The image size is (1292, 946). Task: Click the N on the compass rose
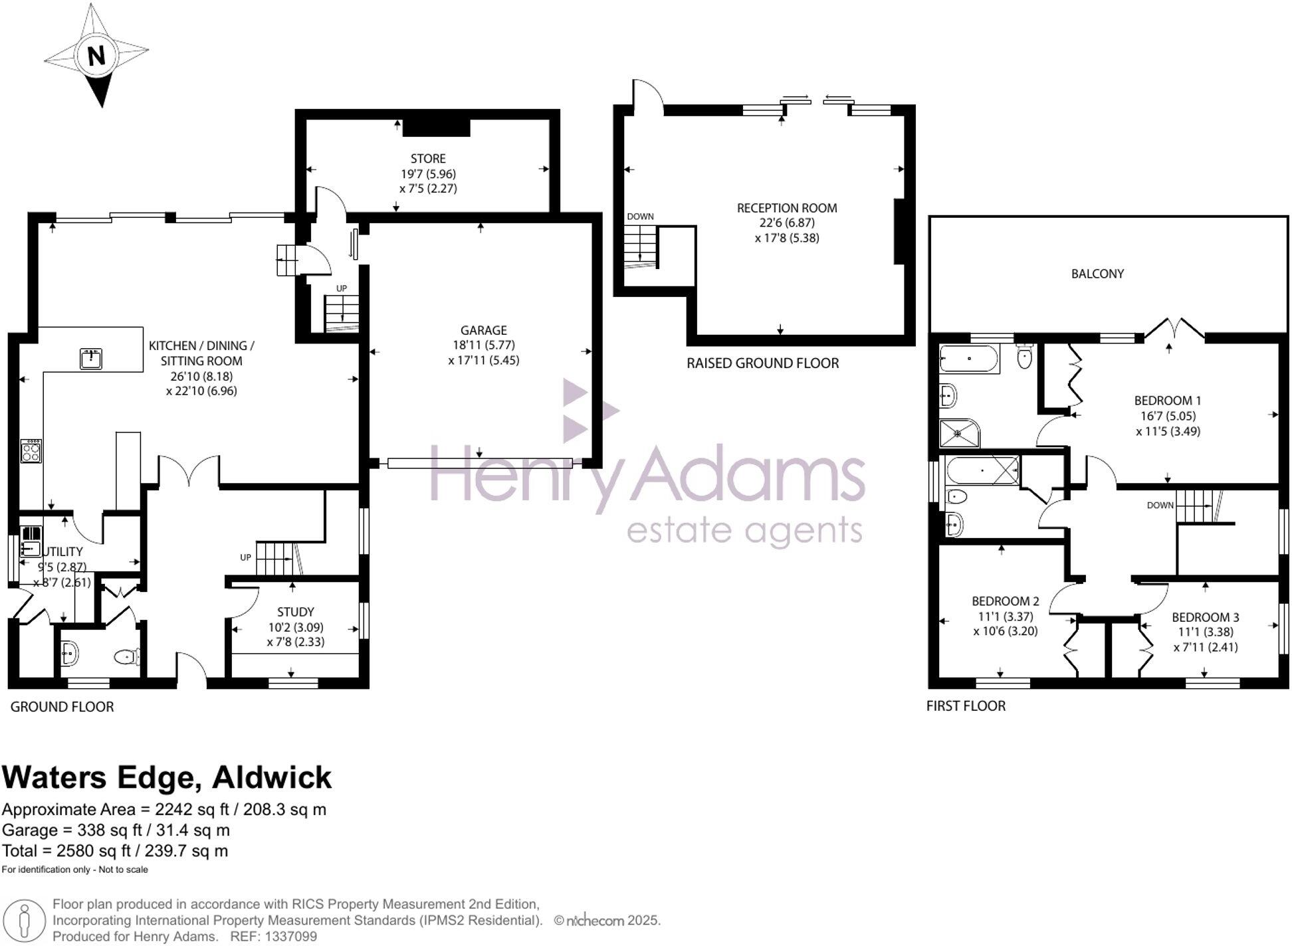(x=96, y=55)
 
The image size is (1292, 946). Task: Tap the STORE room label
(x=428, y=159)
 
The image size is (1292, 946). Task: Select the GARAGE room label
(x=483, y=330)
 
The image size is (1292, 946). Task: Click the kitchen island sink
(x=90, y=359)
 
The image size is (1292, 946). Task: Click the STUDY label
(x=296, y=612)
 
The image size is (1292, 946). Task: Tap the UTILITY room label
(x=62, y=552)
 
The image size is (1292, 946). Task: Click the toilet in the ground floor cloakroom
(x=127, y=657)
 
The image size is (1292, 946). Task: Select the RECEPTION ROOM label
(x=787, y=208)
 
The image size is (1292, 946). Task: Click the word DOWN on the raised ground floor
(x=640, y=217)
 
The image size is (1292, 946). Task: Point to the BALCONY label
(x=1097, y=274)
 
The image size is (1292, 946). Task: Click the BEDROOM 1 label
(x=1167, y=401)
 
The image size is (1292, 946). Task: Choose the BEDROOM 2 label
(x=1005, y=601)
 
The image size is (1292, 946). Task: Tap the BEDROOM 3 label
(x=1205, y=617)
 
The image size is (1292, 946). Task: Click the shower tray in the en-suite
(x=958, y=433)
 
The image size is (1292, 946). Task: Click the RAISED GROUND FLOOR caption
(x=762, y=363)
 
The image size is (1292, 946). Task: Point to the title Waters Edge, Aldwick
(x=167, y=777)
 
